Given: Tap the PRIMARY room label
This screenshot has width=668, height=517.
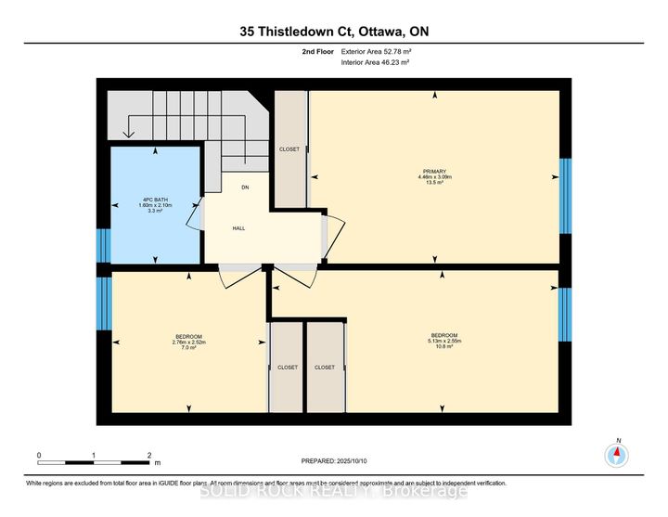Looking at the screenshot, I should click(435, 171).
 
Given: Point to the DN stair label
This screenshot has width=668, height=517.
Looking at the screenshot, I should click(246, 187).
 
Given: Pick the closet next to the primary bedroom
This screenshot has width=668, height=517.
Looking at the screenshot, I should click(289, 149).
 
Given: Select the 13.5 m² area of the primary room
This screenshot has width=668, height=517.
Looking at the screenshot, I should click(435, 184).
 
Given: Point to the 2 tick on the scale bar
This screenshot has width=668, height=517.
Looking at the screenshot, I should click(149, 456).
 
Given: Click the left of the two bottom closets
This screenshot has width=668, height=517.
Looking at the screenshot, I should click(288, 367).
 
